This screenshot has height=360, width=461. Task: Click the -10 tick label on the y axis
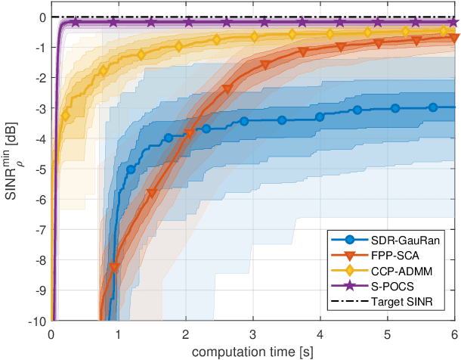[x=36, y=321]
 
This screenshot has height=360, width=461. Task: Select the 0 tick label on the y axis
[x=42, y=17]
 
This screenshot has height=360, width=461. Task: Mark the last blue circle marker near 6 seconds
[x=433, y=107]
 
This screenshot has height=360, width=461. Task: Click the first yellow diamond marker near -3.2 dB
[x=66, y=116]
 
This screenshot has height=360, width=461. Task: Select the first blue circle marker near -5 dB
[x=131, y=169]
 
